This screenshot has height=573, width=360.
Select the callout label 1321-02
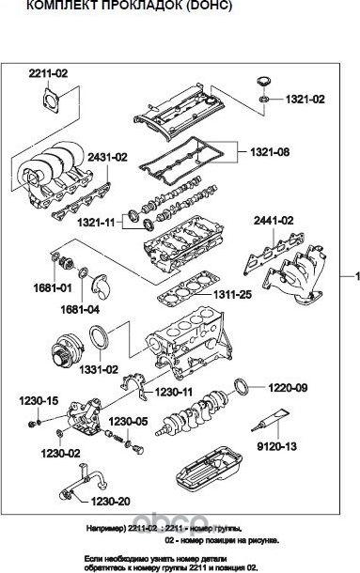pyautogui.click(x=306, y=99)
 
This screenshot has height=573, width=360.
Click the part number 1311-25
pyautogui.click(x=231, y=295)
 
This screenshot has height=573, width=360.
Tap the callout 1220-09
pyautogui.click(x=289, y=386)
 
